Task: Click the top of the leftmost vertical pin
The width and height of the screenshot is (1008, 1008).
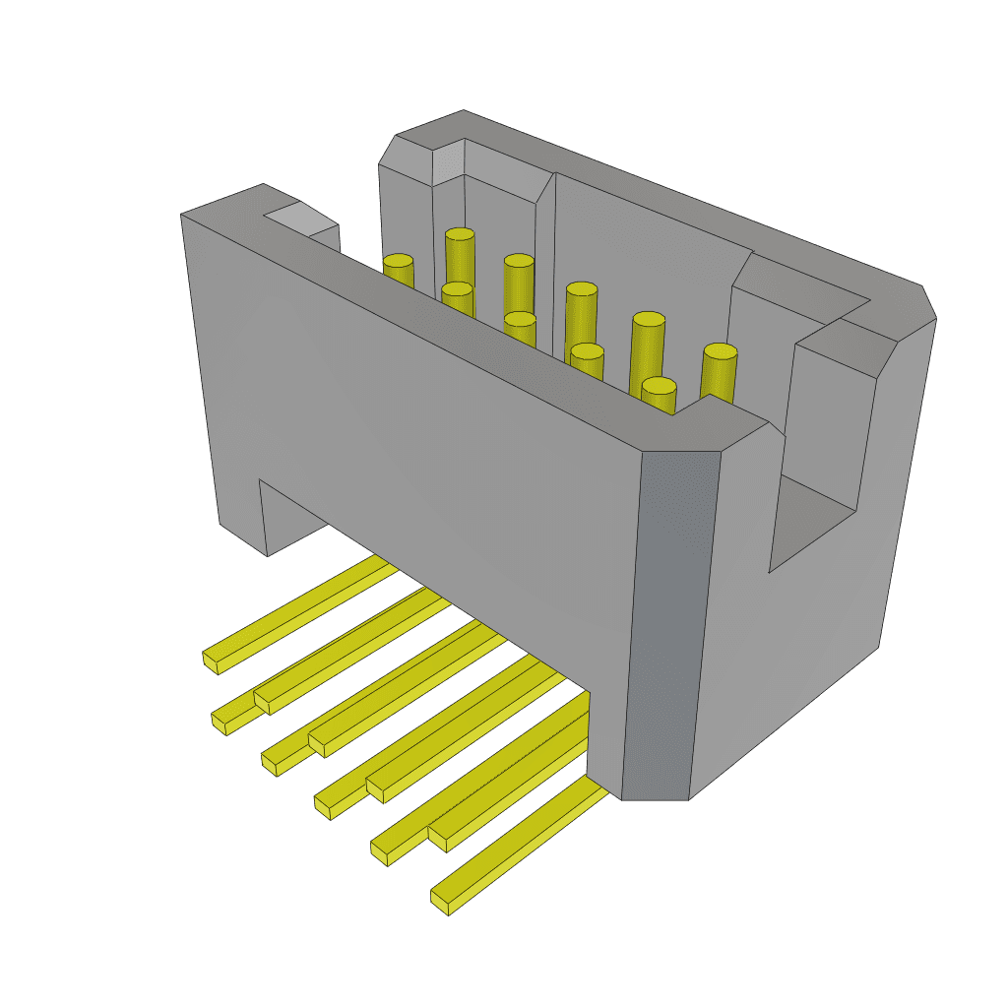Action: point(398,262)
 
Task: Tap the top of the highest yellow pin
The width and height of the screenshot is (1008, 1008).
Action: point(460,235)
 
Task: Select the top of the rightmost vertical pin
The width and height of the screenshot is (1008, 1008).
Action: point(720,352)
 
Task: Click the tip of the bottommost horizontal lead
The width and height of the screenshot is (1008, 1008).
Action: point(444,901)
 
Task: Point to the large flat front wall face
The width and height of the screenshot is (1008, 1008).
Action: point(433,443)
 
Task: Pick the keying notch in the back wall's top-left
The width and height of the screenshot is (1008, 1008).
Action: point(448,162)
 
